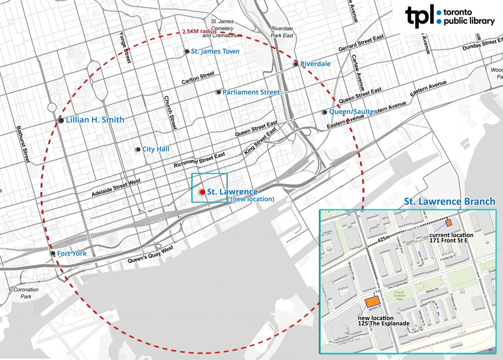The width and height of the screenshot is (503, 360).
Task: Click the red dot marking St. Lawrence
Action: (202, 192)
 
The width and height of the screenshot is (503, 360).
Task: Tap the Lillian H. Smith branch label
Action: (95, 120)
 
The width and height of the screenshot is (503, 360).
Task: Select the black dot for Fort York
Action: (53, 253)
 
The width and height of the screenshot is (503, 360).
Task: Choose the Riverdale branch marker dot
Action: (296, 64)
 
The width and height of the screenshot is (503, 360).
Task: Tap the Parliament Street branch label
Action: (251, 92)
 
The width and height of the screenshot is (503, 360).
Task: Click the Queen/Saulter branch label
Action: (353, 112)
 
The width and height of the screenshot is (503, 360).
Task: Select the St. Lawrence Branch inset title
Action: (449, 202)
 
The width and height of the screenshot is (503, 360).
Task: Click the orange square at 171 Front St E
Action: (449, 223)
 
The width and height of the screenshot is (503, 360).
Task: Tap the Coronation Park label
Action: (26, 293)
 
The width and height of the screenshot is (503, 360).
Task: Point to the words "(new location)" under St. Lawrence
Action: (252, 199)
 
